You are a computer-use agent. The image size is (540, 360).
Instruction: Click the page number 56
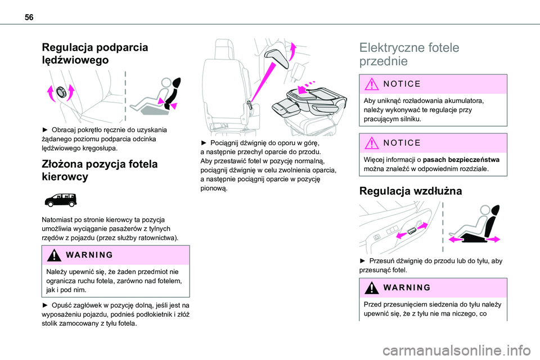click(29, 17)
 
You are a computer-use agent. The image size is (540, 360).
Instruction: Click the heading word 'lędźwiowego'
click(75, 60)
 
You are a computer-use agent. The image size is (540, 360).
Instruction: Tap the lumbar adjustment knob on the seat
click(61, 92)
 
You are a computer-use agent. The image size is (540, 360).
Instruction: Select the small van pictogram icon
click(61, 200)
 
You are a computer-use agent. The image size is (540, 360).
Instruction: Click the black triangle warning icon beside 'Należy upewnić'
click(54, 255)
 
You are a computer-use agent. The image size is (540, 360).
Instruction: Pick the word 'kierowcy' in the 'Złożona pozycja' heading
click(65, 177)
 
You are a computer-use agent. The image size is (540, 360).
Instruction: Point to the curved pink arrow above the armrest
click(292, 51)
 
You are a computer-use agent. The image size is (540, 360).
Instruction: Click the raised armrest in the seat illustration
click(277, 58)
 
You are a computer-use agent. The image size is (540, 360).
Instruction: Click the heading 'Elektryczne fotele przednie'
click(409, 54)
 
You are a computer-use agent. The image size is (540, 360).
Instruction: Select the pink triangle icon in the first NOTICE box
click(372, 84)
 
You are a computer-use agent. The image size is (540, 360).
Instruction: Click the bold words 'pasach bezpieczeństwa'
click(461, 160)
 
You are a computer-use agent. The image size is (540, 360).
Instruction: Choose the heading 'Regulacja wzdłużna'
click(411, 191)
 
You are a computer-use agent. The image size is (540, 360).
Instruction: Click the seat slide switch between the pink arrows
click(412, 231)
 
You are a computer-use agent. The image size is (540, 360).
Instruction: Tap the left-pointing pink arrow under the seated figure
click(457, 239)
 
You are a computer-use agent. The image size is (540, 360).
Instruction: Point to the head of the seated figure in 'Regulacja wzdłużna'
click(485, 210)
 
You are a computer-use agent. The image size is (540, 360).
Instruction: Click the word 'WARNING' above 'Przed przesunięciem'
click(407, 287)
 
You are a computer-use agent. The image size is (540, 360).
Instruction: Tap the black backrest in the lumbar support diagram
click(173, 91)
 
